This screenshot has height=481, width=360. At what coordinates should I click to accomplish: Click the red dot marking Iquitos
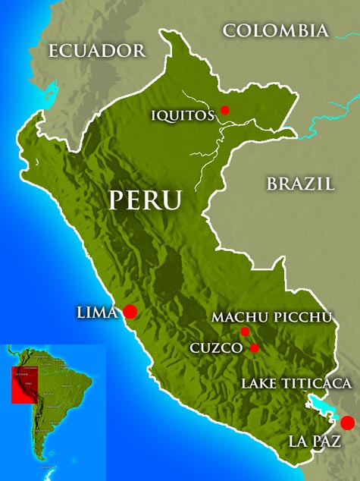224,110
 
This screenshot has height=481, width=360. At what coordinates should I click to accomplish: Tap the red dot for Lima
130,311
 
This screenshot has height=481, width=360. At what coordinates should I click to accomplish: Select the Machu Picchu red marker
245,332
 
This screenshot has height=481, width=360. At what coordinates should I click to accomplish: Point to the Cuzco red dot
254,348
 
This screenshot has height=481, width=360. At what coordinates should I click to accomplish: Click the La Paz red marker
347,423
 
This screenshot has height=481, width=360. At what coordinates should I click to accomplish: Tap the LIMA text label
97,311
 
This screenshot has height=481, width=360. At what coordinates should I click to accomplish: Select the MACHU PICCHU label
272,316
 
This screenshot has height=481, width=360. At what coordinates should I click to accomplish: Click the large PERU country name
145,200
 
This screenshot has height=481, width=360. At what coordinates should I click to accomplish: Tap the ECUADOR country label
96,51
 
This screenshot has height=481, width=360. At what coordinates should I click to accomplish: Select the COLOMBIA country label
276,30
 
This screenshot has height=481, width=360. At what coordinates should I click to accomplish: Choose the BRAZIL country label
300,183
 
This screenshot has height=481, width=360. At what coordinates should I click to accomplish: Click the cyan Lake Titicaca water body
321,406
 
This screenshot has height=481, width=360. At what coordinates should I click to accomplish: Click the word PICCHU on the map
304,316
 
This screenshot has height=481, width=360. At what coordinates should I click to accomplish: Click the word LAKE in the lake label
258,384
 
